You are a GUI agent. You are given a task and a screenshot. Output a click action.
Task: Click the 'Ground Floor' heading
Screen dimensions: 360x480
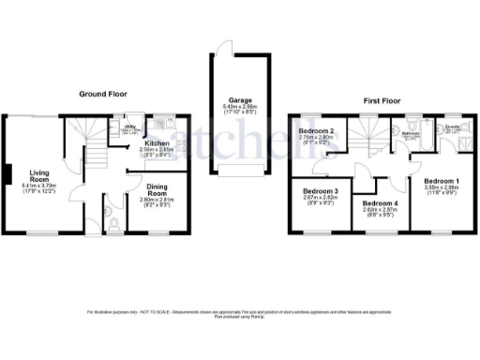coord(103,94)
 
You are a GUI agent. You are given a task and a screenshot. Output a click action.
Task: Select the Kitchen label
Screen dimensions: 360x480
coord(157,142)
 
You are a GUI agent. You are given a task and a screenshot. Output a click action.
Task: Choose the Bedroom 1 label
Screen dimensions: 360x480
coord(441,179)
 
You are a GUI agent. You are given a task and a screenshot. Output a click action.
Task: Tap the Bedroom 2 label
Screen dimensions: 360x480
coord(317,130)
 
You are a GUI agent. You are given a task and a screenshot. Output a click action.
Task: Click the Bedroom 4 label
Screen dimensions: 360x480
coord(380,203)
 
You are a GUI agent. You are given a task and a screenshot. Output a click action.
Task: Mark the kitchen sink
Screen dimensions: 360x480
coord(159,122)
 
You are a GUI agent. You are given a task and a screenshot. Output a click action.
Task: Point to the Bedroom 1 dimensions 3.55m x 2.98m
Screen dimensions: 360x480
coord(441,187)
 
